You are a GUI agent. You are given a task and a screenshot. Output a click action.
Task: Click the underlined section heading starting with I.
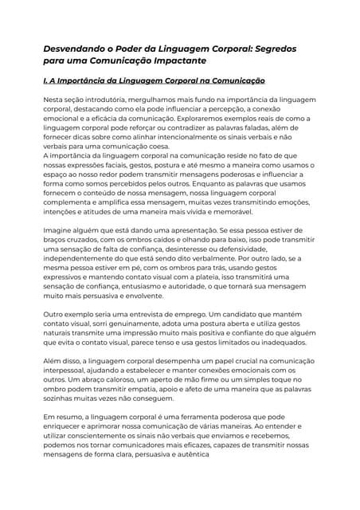coord(153,81)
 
